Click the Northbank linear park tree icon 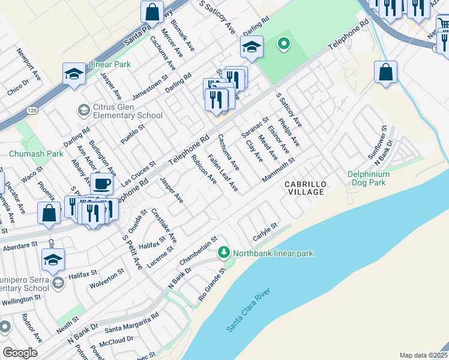point(224,253)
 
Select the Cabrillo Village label point(305,188)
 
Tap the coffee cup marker point(102,183)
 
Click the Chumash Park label point(36,154)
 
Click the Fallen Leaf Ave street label point(223,173)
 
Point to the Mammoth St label point(279,170)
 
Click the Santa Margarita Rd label point(131,323)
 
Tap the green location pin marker point(283,43)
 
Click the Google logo point(20,353)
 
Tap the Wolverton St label point(107,278)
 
